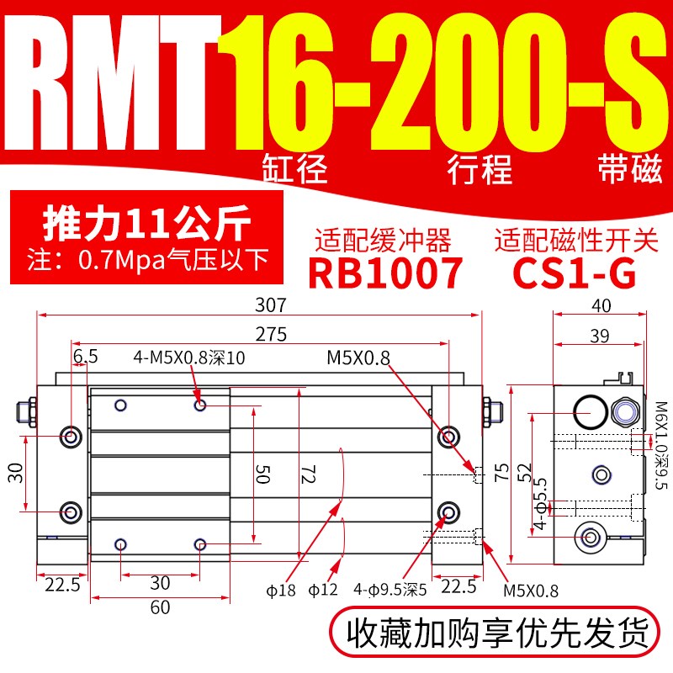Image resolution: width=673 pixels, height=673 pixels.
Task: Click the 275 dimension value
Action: (x=272, y=334)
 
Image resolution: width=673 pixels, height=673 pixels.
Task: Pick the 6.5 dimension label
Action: (x=84, y=358)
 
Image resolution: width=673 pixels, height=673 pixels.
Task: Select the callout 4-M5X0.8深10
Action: (x=189, y=358)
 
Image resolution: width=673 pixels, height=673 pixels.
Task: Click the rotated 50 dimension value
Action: (x=262, y=476)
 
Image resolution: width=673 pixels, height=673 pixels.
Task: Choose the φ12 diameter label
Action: (x=323, y=590)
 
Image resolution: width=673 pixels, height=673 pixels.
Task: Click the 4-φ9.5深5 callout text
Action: (x=392, y=590)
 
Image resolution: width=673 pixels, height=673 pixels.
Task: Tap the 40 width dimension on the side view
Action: (x=601, y=305)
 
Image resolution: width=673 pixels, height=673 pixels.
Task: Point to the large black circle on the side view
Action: (x=590, y=411)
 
